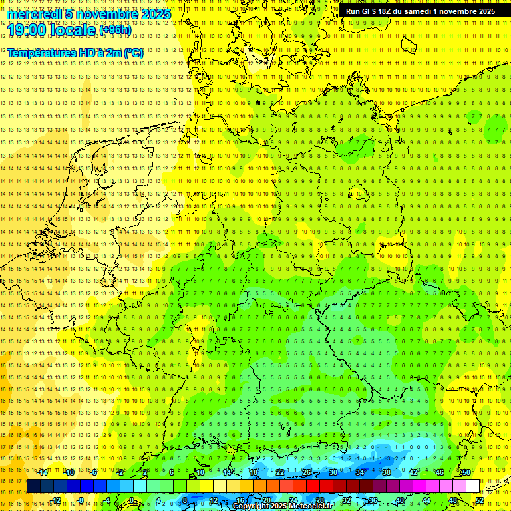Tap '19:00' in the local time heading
pyautogui.click(x=26, y=29)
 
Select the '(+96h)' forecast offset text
pyautogui.click(x=116, y=29)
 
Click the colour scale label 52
pyautogui.click(x=480, y=500)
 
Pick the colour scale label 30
pyautogui.click(x=333, y=472)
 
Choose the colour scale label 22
pyautogui.click(x=280, y=472)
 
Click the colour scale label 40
pyautogui.click(x=399, y=500)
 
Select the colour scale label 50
pyautogui.click(x=466, y=472)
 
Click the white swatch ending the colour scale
pyautogui.click(x=472, y=486)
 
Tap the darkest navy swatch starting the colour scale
pyautogui.click(x=33, y=486)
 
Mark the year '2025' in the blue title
pyautogui.click(x=155, y=14)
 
